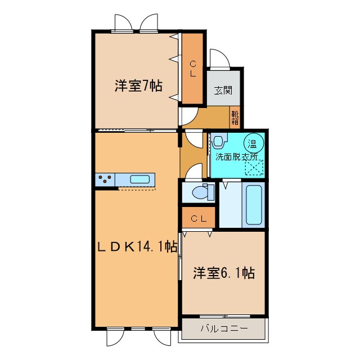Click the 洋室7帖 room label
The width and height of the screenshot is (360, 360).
(138, 86)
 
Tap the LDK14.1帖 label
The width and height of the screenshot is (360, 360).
(137, 247)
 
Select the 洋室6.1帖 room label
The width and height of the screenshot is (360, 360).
(224, 273)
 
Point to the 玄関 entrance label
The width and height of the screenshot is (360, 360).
(223, 90)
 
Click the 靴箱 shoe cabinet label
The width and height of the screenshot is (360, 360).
(235, 118)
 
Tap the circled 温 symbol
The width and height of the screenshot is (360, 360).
(254, 143)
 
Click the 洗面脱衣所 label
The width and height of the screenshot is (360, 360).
(236, 157)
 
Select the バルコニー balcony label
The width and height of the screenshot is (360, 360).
(224, 328)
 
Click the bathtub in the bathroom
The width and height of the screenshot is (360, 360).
(254, 205)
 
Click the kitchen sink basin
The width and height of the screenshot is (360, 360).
(140, 179)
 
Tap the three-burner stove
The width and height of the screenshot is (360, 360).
(105, 179)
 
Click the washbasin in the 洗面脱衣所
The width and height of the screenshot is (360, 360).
(218, 141)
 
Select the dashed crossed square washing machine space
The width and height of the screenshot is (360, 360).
(254, 168)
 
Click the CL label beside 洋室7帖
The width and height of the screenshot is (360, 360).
(193, 69)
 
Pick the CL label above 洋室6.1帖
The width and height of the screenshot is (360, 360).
(199, 219)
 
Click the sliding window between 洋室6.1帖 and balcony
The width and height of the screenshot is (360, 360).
(224, 316)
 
